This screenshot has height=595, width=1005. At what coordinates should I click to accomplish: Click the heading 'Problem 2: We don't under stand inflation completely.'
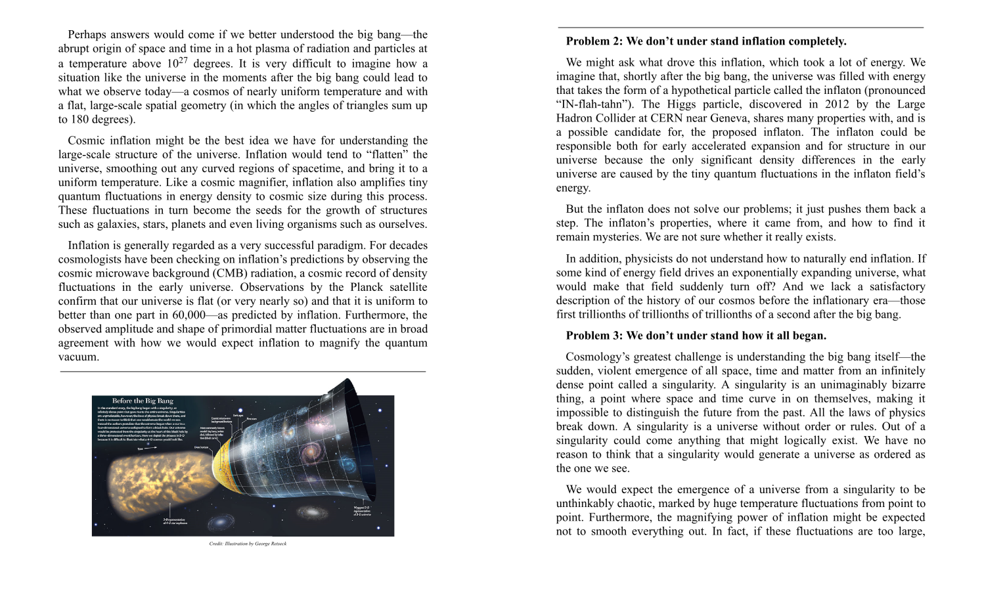click(x=705, y=41)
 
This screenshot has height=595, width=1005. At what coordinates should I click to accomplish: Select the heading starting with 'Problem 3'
click(x=696, y=336)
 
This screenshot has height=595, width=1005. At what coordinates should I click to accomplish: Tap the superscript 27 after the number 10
click(x=183, y=60)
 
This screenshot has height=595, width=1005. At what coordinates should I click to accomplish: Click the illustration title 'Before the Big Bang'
click(x=143, y=401)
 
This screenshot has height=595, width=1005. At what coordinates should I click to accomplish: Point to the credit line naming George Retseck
click(x=248, y=544)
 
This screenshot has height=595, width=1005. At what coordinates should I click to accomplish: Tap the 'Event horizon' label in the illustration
click(x=201, y=447)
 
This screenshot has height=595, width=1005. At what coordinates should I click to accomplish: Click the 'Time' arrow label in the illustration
click(x=140, y=449)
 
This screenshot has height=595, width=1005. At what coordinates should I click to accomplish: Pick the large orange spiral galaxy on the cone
click(x=310, y=452)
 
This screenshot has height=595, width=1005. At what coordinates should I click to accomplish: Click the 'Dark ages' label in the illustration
click(x=238, y=415)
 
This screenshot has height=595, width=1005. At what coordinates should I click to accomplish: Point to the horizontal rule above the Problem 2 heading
click(x=740, y=28)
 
